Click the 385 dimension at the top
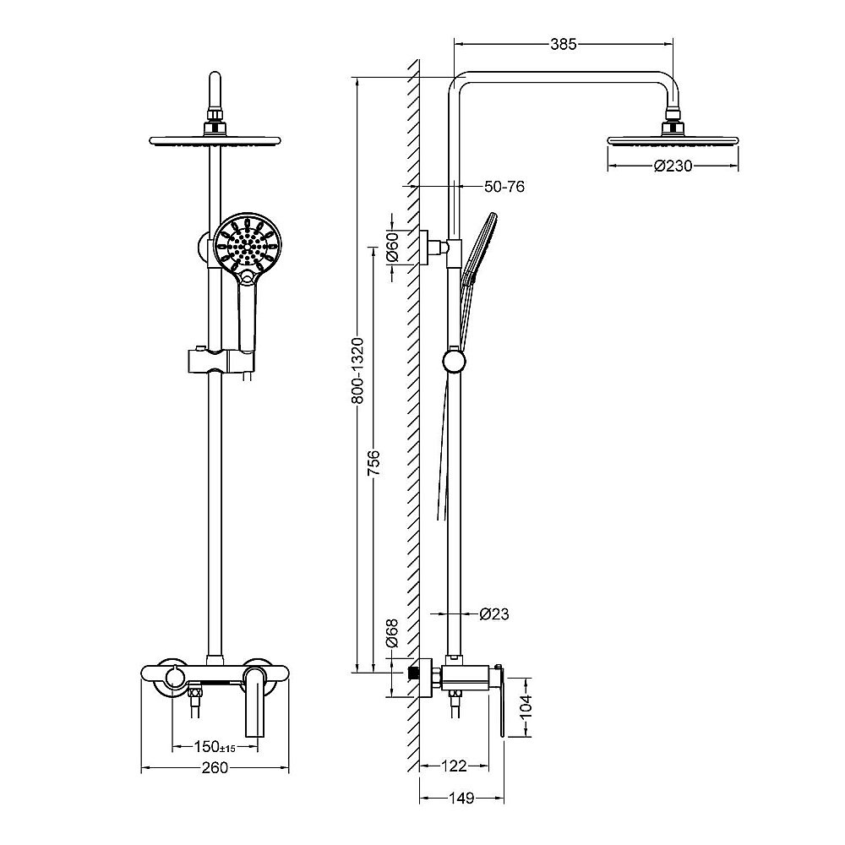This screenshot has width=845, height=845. (x=563, y=44)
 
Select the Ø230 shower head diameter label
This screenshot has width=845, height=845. (x=673, y=166)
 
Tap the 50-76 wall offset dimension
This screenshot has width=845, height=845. (x=504, y=187)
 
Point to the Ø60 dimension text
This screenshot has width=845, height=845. (x=392, y=247)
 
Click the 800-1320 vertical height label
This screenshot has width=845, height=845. (x=357, y=371)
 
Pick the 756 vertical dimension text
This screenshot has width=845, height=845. (x=373, y=463)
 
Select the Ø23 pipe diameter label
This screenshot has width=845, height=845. (x=494, y=613)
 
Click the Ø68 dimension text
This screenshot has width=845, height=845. (x=392, y=633)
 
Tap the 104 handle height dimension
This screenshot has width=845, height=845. (x=526, y=706)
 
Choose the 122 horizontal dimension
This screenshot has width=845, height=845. (x=454, y=766)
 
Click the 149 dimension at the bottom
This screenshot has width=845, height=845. (x=462, y=799)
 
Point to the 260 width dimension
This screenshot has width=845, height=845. (x=215, y=767)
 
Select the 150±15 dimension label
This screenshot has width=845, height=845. (x=215, y=747)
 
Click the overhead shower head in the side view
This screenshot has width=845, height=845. (x=673, y=140)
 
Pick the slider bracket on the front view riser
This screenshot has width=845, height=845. (x=220, y=361)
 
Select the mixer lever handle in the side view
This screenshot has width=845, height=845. (x=500, y=701)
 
